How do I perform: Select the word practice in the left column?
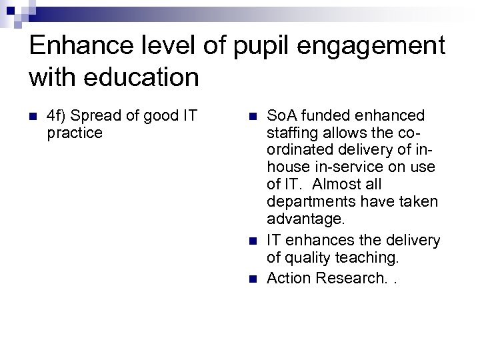point(75,133)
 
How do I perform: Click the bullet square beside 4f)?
point(35,117)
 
